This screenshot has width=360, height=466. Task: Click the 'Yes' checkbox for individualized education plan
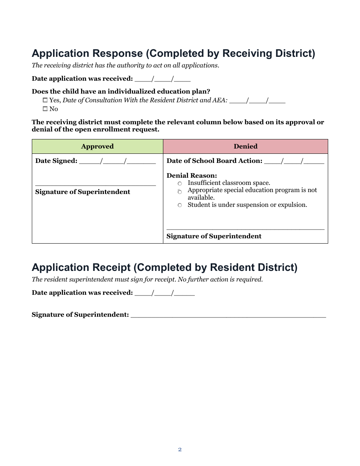pyautogui.click(x=45, y=100)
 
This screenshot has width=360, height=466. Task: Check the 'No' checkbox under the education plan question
pyautogui.click(x=45, y=109)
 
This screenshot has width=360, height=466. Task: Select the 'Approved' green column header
pyautogui.click(x=97, y=146)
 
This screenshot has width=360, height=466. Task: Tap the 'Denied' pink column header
pyautogui.click(x=245, y=146)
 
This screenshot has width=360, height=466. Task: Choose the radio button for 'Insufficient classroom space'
pyautogui.click(x=180, y=183)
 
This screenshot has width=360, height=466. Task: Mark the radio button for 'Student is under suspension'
pyautogui.click(x=180, y=205)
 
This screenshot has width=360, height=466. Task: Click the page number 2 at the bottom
pyautogui.click(x=180, y=450)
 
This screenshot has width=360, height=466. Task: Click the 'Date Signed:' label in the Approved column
pyautogui.click(x=56, y=161)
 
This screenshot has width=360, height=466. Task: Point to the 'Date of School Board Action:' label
pyautogui.click(x=214, y=161)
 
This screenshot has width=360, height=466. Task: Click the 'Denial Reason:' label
pyautogui.click(x=192, y=175)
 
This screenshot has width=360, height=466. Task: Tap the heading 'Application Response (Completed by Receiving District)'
pyautogui.click(x=173, y=53)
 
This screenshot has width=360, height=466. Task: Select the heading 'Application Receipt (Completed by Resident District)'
pyautogui.click(x=164, y=267)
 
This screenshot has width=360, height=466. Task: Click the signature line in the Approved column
pyautogui.click(x=95, y=185)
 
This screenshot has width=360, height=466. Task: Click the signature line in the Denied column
pyautogui.click(x=245, y=229)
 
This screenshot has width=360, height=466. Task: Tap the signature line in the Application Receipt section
pyautogui.click(x=228, y=316)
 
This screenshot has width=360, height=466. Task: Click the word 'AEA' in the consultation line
pyautogui.click(x=220, y=100)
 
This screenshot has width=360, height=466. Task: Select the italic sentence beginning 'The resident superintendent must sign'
pyautogui.click(x=147, y=280)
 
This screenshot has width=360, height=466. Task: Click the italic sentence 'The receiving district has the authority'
pyautogui.click(x=125, y=65)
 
